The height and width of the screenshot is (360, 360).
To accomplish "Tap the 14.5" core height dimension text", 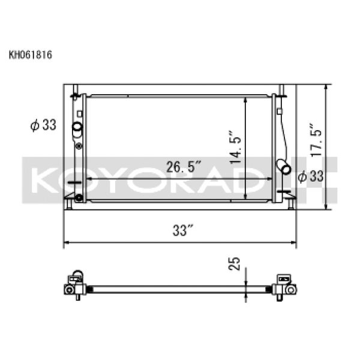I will [235, 148].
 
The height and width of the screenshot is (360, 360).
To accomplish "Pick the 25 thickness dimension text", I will [236, 263].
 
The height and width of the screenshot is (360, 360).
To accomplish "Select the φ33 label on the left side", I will [43, 125].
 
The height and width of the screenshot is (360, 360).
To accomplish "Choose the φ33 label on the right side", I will [311, 176].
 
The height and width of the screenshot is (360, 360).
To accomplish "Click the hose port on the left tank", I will [77, 128].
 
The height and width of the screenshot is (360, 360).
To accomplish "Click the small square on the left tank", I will [79, 113].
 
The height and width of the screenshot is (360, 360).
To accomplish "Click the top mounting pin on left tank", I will [74, 92].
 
